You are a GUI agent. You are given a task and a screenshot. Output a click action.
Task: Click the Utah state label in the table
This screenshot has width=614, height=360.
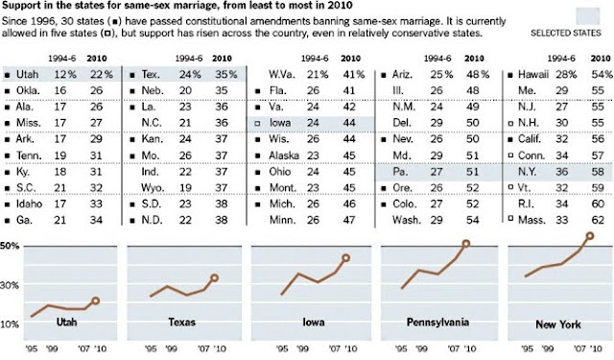tap(27, 74)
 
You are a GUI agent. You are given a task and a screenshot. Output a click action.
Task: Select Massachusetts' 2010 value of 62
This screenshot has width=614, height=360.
tap(598, 220)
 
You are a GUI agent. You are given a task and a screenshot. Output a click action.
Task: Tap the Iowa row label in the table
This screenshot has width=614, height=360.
tap(279, 123)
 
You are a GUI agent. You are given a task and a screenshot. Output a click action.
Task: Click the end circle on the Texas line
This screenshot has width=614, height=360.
tap(214, 278)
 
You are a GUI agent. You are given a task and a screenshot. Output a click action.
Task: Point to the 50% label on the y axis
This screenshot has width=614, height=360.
tap(10, 246)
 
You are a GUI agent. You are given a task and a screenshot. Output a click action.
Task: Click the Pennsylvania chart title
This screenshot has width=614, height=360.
tap(437, 323)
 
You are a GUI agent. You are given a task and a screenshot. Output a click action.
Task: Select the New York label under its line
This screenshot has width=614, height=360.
tap(558, 324)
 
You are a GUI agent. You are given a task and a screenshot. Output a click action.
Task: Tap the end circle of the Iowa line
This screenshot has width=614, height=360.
tap(345, 258)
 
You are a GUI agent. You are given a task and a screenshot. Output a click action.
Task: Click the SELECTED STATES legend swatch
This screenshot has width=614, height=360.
tap(588, 16)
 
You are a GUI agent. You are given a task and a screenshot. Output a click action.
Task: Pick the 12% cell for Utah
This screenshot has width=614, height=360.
tap(65, 74)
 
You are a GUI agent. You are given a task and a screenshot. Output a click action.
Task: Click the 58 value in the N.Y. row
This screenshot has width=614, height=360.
tap(598, 172)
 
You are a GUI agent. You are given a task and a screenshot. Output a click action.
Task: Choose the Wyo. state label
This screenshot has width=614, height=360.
tap(153, 188)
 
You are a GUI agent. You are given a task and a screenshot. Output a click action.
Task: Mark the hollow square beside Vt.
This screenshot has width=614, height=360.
tap(510, 187)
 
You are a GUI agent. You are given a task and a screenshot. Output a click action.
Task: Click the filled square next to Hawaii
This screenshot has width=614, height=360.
tap(510, 75)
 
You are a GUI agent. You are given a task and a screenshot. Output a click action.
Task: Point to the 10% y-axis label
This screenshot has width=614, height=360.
tap(10, 324)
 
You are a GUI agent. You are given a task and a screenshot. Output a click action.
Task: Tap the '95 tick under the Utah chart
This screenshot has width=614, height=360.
tap(32, 348)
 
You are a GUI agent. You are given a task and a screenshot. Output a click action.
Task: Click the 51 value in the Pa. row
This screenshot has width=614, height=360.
tap(473, 172)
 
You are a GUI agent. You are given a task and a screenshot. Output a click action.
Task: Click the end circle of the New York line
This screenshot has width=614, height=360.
tap(590, 236)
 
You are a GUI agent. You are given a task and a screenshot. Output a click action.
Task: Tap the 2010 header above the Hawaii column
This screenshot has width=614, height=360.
tap(601, 59)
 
